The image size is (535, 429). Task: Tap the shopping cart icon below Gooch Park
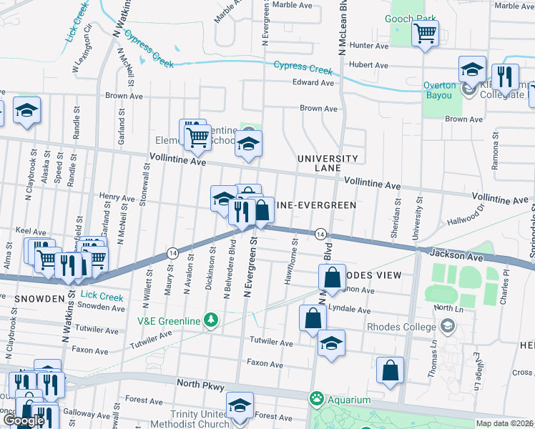pyautogui.click(x=425, y=32)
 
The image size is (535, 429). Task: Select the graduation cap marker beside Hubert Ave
pyautogui.click(x=472, y=69)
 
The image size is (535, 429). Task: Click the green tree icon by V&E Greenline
pyautogui.click(x=210, y=319)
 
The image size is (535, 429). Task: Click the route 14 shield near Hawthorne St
pyautogui.click(x=320, y=235)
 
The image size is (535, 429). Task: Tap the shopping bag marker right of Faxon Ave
pyautogui.click(x=390, y=370)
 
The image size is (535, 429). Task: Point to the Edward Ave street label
pyautogui.click(x=313, y=83)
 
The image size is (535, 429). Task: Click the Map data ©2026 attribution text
pyautogui.click(x=505, y=423)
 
